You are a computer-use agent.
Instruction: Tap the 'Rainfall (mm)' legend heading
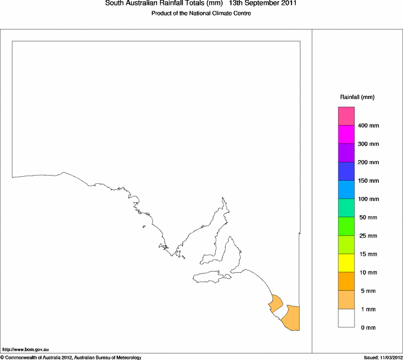(357, 97)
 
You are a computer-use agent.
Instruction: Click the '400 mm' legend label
(369, 126)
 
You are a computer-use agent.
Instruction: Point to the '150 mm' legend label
(369, 181)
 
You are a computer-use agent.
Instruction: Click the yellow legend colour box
(346, 263)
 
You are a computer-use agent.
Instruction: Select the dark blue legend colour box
(346, 171)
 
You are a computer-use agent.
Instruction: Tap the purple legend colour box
(346, 152)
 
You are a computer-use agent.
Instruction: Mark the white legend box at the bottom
(346, 318)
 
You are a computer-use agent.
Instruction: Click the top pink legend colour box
(346, 116)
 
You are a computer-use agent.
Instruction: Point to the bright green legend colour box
(346, 226)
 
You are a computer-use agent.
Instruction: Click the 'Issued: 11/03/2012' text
(383, 357)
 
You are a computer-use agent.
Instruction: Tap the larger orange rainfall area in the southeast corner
(292, 318)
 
